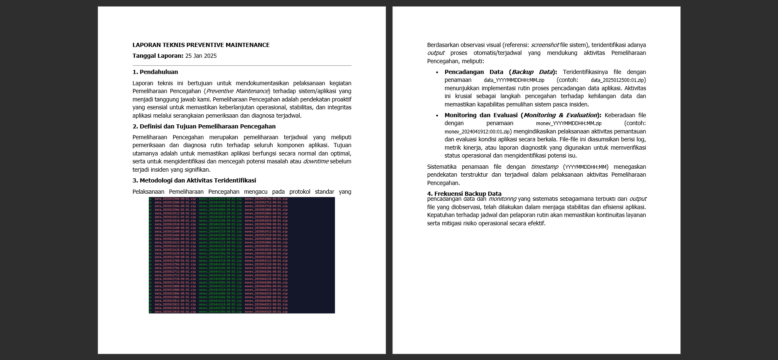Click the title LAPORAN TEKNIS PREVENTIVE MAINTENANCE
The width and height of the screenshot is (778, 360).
(201, 45)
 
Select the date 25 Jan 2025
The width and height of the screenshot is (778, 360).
(201, 56)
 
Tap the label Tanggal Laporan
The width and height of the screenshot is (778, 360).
(158, 56)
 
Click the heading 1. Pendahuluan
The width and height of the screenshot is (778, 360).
(155, 72)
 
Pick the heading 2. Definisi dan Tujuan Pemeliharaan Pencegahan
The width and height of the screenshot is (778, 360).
(204, 126)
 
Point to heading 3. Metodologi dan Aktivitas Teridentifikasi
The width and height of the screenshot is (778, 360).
(194, 180)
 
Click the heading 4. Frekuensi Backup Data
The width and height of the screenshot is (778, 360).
(464, 193)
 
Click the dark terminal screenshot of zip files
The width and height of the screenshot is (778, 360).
(241, 255)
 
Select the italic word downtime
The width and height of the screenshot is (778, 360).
(315, 161)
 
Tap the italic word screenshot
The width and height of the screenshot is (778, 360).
(544, 45)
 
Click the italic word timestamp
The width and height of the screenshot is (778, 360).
(544, 167)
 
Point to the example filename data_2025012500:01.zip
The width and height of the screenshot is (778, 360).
(618, 80)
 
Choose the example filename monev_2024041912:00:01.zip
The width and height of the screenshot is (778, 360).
(477, 132)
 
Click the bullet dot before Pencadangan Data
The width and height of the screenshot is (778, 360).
(437, 72)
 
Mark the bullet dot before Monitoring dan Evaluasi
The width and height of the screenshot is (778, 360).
(437, 116)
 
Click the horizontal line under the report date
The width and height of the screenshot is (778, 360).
(242, 65)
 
